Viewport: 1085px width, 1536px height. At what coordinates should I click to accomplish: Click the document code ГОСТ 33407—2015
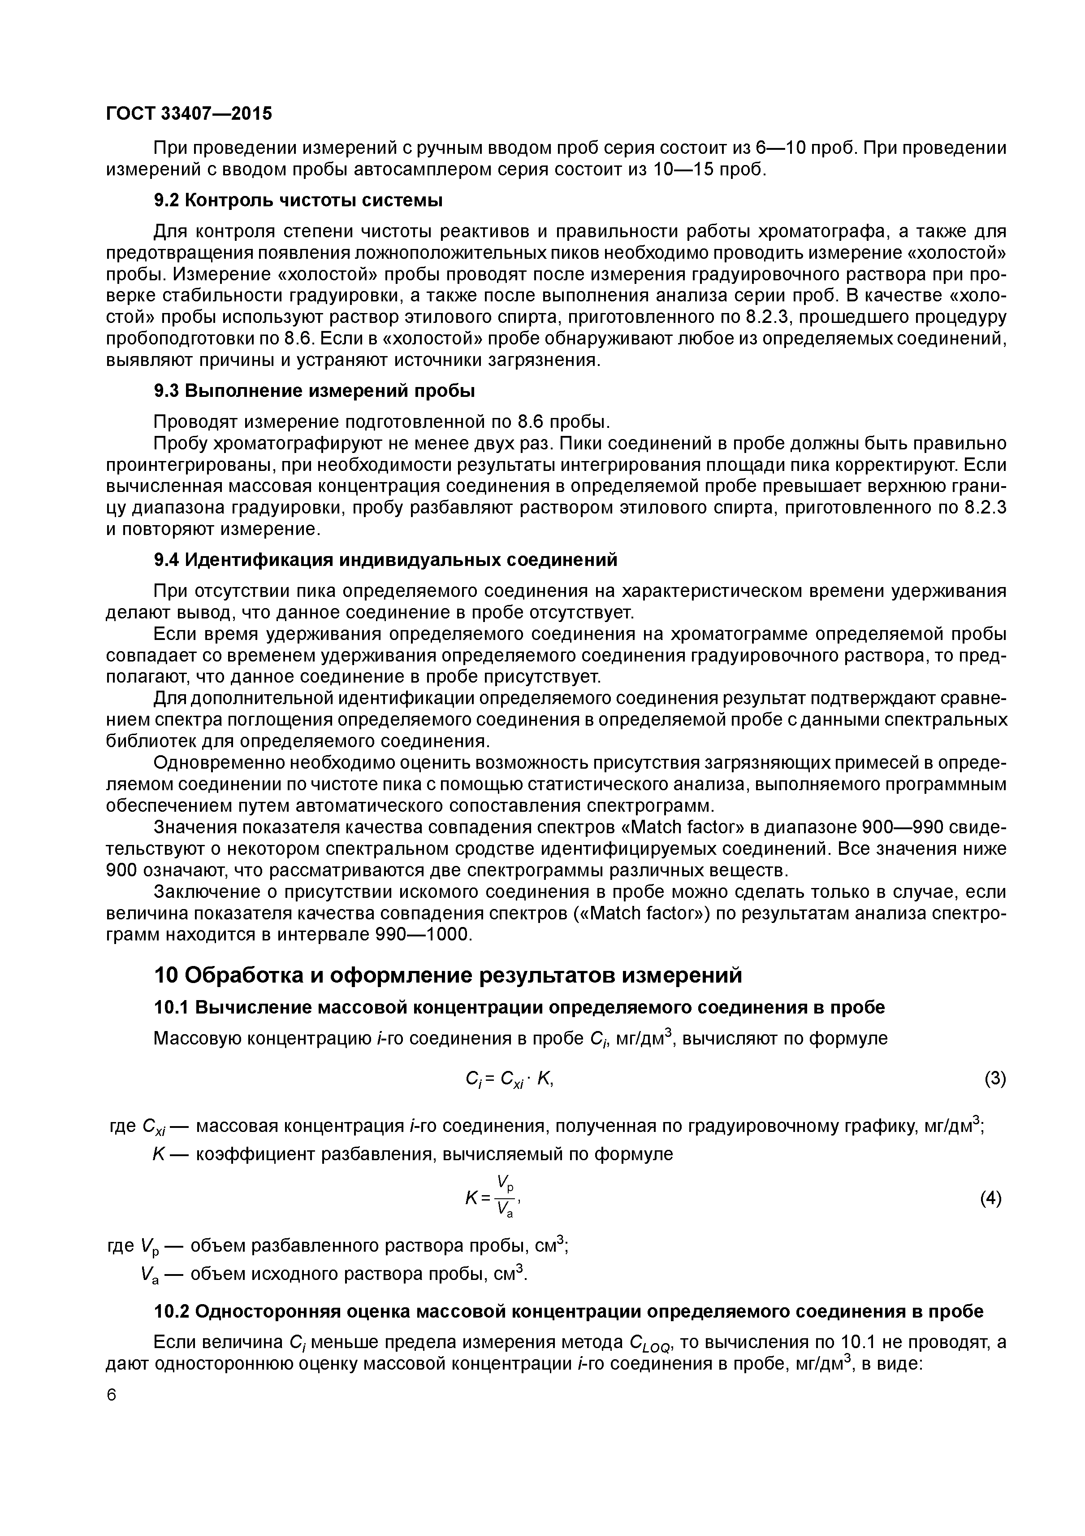pos(189,114)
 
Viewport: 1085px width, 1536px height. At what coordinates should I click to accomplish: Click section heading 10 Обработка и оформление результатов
pos(448,975)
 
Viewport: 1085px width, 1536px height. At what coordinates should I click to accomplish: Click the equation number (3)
pos(995,1079)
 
